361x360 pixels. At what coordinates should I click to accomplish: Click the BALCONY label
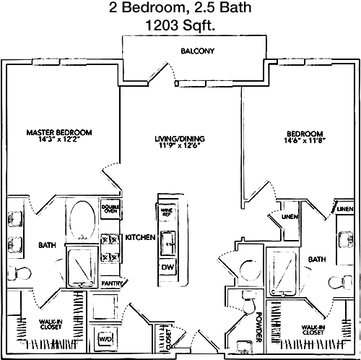pos(197,51)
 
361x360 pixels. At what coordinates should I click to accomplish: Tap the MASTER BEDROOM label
pos(59,132)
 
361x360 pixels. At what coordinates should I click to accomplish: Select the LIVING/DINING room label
pos(180,139)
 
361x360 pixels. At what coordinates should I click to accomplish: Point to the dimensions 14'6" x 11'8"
pos(305,140)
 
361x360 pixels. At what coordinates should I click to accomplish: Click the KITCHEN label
pos(140,237)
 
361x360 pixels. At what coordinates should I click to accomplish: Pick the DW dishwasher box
pos(168,267)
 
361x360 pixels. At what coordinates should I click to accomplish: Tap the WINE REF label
pos(167,212)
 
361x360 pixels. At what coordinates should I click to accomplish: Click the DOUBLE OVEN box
pos(110,209)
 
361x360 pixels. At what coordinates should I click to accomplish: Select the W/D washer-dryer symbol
pos(105,339)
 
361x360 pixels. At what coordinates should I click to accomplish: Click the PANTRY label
pos(112,283)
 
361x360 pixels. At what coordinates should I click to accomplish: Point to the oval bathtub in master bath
pos(82,220)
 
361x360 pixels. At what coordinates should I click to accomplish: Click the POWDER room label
pos(258,327)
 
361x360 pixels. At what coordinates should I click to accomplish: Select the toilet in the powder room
pos(249,302)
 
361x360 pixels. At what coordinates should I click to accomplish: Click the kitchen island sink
pos(168,244)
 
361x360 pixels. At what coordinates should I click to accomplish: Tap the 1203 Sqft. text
pos(180,25)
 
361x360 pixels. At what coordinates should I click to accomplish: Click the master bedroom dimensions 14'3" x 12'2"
pos(58,139)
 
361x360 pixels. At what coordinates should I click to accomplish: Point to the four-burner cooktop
pos(110,248)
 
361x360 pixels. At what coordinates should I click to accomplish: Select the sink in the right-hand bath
pos(346,239)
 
